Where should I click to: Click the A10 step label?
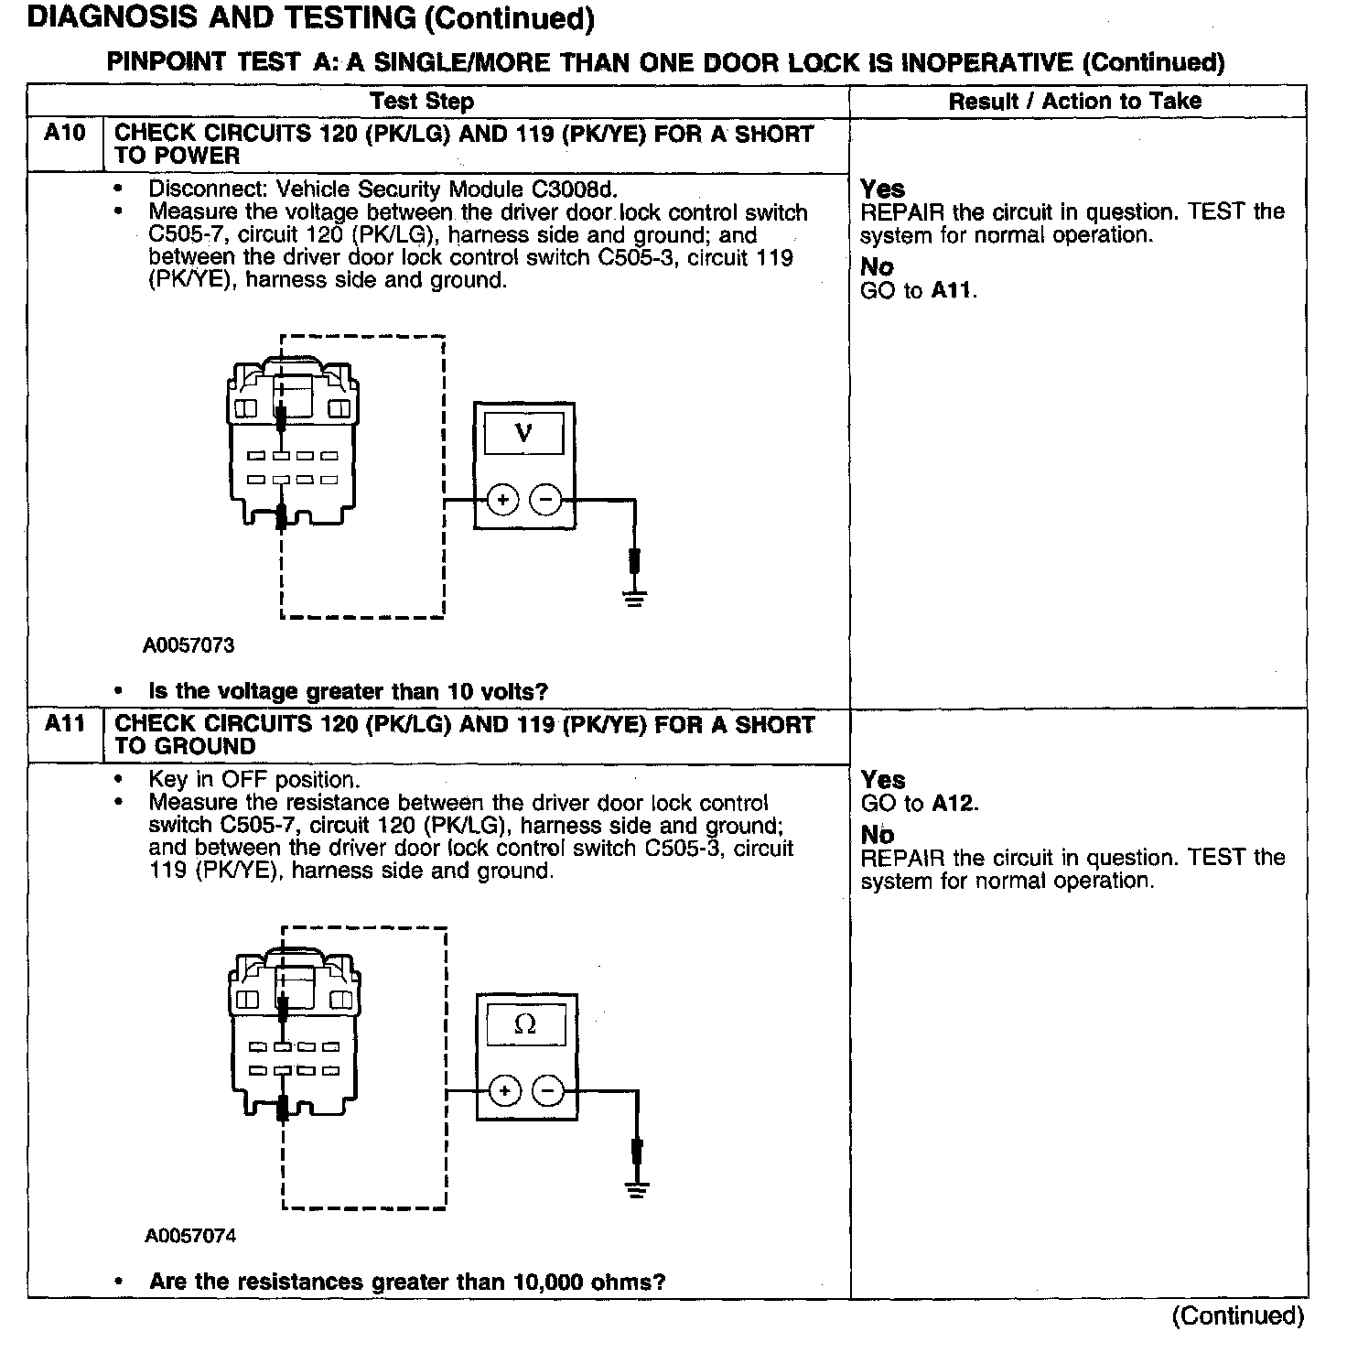(x=65, y=134)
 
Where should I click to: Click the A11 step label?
(x=65, y=724)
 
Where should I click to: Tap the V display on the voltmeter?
(x=523, y=433)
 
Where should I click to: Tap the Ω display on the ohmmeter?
(x=525, y=1025)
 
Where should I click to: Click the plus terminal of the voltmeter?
(x=502, y=500)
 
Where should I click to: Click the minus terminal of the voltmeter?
(x=546, y=500)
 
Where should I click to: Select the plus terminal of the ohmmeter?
(x=504, y=1091)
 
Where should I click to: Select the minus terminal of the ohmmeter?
(x=548, y=1091)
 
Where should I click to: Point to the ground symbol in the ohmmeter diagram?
(x=637, y=1189)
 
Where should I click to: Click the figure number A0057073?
(x=189, y=645)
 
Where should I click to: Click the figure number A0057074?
(x=190, y=1236)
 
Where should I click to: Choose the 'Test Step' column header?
(x=422, y=102)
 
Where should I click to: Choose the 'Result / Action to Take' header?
(x=1075, y=102)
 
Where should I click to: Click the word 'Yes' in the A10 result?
(x=882, y=189)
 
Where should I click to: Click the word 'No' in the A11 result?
(x=878, y=835)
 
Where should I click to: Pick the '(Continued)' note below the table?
(x=1237, y=1315)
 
